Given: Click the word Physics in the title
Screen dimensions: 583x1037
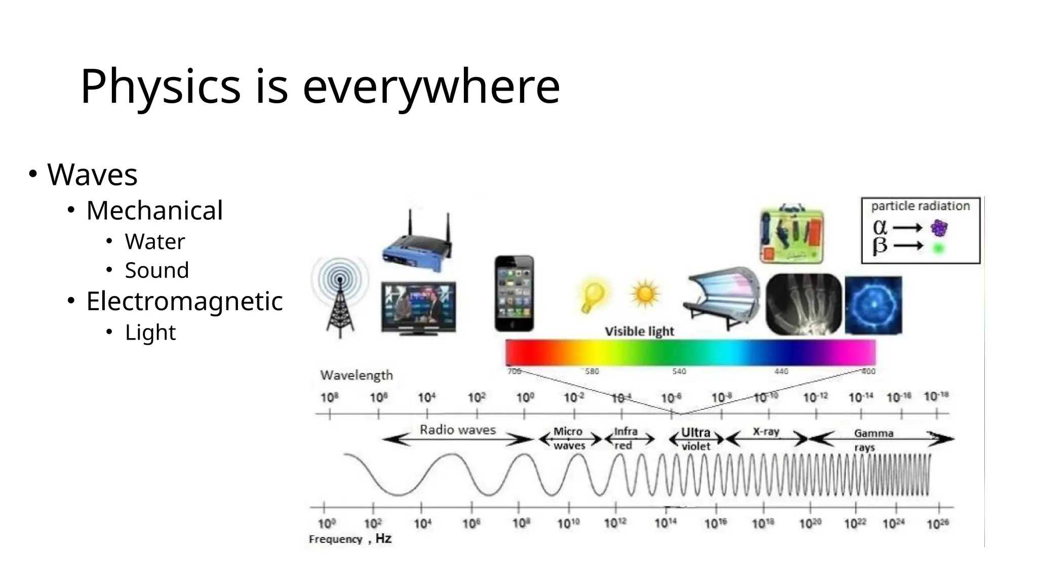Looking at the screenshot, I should [x=160, y=87].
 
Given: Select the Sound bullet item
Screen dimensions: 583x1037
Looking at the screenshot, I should [x=156, y=270].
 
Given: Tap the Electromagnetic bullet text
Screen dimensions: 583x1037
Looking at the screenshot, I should [x=184, y=301].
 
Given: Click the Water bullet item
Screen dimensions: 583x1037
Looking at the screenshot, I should [x=154, y=241].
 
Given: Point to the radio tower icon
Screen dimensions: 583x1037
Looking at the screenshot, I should [x=340, y=298].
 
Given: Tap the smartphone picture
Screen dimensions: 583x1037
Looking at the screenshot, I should [x=514, y=294].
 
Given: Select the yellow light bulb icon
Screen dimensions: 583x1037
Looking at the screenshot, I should [x=593, y=296].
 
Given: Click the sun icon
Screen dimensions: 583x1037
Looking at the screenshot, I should [x=645, y=294].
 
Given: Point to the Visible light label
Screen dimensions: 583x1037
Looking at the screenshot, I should [x=639, y=331].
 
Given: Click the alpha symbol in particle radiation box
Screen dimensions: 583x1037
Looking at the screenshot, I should [x=880, y=227].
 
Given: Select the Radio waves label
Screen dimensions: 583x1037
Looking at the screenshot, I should [x=458, y=430].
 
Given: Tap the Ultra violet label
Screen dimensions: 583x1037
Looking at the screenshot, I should [x=696, y=439].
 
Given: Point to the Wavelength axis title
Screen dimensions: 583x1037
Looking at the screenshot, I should [x=356, y=375].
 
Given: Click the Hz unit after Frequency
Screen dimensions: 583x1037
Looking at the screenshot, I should [x=383, y=538].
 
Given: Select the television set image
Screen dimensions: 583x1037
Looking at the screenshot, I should [x=419, y=308].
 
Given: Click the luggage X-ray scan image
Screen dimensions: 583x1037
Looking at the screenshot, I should [x=792, y=234].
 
